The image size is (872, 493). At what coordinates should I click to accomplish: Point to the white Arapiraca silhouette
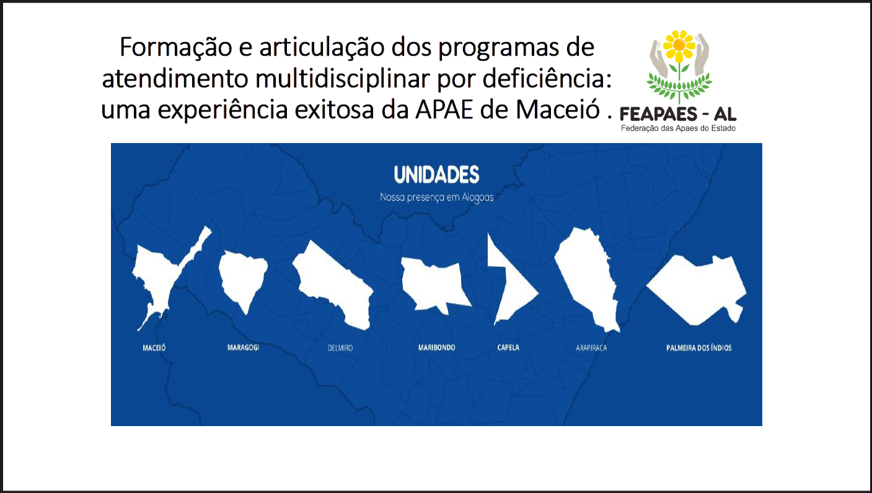coord(588,276)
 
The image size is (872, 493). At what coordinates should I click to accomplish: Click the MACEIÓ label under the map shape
coord(154,347)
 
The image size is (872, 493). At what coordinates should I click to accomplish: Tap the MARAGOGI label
coord(244,347)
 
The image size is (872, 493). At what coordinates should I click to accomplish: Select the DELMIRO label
coord(340,348)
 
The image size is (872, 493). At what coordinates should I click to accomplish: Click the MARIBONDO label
coord(437,347)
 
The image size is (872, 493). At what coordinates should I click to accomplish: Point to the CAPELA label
coord(508,347)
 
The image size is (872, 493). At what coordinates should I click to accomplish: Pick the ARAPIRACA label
coord(591,348)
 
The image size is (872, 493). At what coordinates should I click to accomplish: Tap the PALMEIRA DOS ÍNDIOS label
coord(699,347)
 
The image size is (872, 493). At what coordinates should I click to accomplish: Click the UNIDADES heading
coord(437,175)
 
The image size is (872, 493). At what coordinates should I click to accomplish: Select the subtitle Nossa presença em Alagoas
coord(437,198)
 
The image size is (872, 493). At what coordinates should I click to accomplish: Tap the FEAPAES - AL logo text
coord(678,115)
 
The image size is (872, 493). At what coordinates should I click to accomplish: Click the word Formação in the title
coord(176,48)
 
